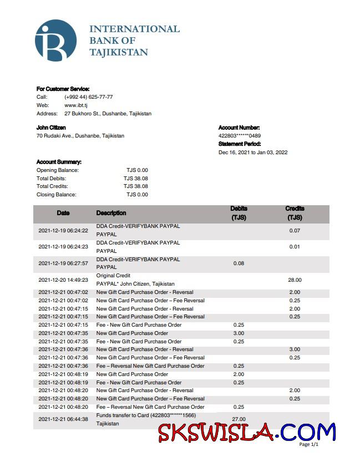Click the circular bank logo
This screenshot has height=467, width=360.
click(x=55, y=40)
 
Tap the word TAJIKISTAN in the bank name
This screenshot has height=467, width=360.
click(x=119, y=53)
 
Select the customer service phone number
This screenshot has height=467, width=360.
click(x=89, y=97)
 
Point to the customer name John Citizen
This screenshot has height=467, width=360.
click(x=51, y=128)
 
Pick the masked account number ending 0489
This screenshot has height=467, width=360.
click(x=240, y=136)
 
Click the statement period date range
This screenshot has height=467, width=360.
click(x=253, y=153)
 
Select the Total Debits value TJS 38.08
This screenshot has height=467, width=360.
click(x=136, y=179)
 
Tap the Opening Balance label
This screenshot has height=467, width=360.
click(x=58, y=170)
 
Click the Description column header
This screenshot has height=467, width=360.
click(x=111, y=213)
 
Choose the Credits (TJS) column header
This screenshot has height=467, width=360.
click(x=295, y=213)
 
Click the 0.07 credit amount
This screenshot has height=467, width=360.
click(x=295, y=230)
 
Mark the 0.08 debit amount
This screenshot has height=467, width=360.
click(x=239, y=263)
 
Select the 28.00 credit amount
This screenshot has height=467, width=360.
click(x=295, y=280)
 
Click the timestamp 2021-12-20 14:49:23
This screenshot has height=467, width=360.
click(x=63, y=280)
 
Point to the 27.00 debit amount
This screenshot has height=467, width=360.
click(x=239, y=419)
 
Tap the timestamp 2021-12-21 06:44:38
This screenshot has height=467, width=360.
click(x=63, y=419)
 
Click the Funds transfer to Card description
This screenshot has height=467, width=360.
click(x=146, y=415)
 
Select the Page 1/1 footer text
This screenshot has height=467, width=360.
click(x=309, y=444)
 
